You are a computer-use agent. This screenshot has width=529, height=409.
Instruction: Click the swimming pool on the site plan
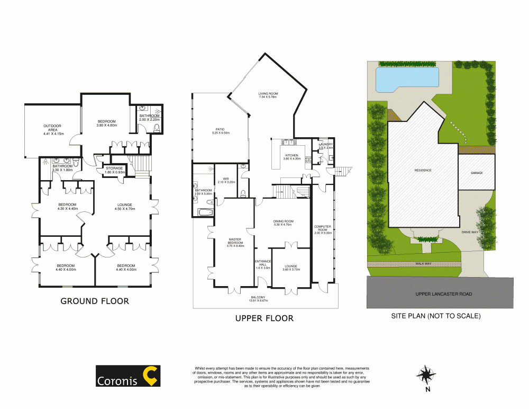coord(406,78)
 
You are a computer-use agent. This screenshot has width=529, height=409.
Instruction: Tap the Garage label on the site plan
coord(476,172)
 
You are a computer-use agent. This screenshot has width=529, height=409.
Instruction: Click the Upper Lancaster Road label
coord(444,294)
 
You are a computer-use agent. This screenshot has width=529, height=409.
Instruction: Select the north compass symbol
coord(425,376)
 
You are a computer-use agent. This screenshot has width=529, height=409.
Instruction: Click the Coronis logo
coord(127,376)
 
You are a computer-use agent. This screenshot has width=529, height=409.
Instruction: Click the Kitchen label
coord(291,156)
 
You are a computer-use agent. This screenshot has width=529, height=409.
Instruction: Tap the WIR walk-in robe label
coord(225,180)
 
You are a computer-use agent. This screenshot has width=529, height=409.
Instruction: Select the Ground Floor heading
coord(95,301)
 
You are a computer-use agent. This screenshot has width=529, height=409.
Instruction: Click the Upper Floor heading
coord(264,318)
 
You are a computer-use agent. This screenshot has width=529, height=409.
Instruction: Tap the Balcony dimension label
coord(258,299)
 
